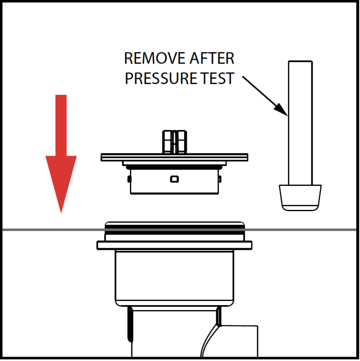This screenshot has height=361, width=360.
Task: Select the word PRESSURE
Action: tap(161, 78)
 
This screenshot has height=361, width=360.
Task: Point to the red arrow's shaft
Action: tap(61, 125)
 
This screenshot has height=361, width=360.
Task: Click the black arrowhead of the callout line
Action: tap(281, 109)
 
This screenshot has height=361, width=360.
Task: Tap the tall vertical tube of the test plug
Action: tap(300, 123)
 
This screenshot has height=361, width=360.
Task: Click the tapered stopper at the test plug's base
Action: tap(300, 198)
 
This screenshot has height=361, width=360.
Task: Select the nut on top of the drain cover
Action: tap(175, 142)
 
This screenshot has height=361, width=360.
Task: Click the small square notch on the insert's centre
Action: tap(174, 179)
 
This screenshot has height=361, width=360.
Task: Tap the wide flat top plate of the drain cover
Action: tap(175, 157)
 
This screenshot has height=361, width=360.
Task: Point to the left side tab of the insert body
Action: tap(129, 179)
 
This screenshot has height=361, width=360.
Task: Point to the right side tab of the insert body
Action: tap(220, 179)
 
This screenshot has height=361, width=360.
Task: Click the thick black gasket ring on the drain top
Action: tap(175, 230)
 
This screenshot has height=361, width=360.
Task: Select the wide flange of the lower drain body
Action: tap(175, 245)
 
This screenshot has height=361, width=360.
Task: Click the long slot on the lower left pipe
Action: tap(130, 324)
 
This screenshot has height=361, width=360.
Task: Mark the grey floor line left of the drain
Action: tap(53, 230)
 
